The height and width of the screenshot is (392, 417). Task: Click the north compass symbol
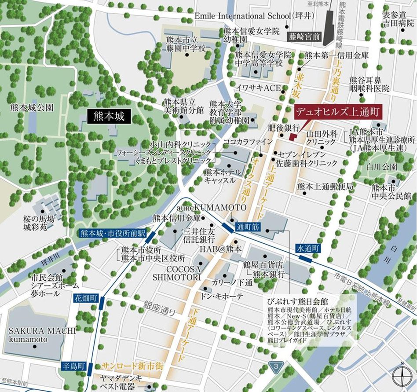coord(402,375)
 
